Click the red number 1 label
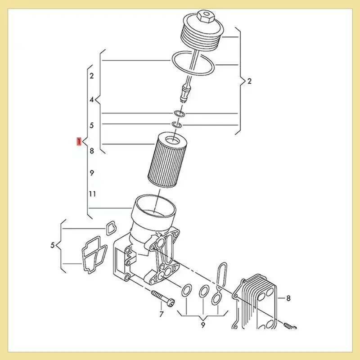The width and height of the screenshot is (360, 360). point(79,142)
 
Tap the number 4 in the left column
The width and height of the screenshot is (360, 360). point(92,100)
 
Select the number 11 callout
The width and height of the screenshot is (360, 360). point(92,194)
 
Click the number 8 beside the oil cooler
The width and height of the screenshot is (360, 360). point(288,298)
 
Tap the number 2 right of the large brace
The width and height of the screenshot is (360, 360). point(250,81)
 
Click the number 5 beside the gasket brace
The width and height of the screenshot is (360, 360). point(53,246)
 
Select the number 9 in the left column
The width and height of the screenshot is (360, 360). point(92,173)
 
